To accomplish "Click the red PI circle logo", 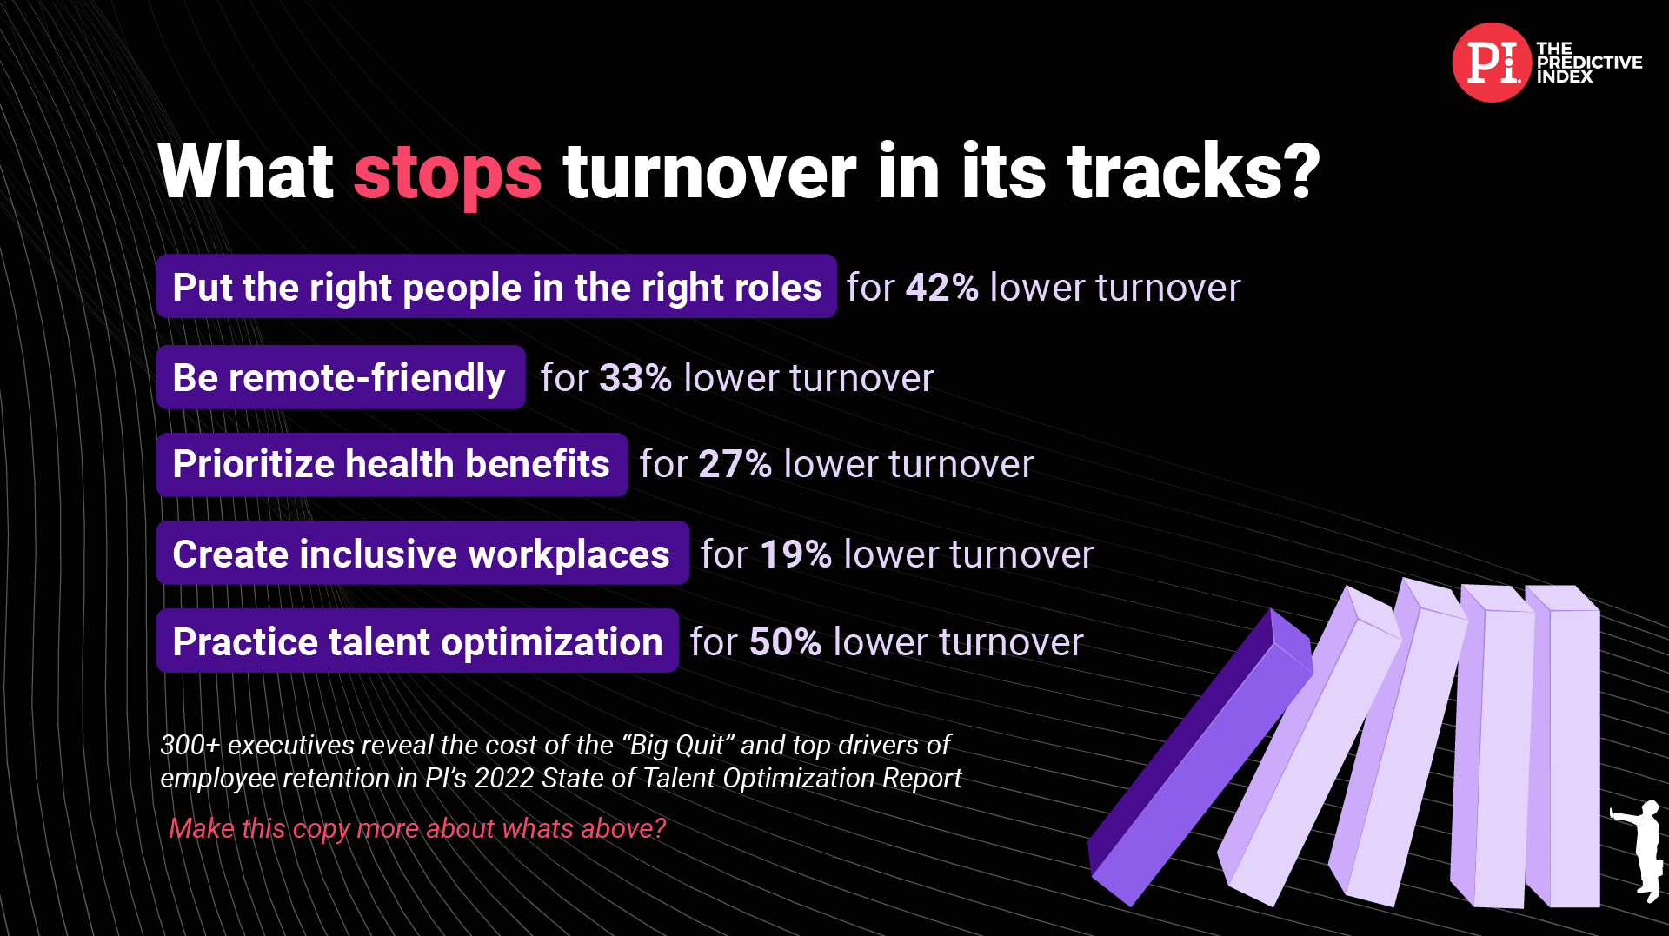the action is pyautogui.click(x=1491, y=63).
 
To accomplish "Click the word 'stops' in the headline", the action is pyautogui.click(x=448, y=173).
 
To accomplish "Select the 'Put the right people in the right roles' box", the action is pyautogui.click(x=496, y=286).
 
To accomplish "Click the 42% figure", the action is pyautogui.click(x=942, y=288).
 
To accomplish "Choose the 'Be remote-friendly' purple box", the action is pyautogui.click(x=341, y=377).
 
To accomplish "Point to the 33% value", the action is pyautogui.click(x=635, y=378).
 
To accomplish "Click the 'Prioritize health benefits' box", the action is pyautogui.click(x=392, y=465).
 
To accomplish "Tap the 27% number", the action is pyautogui.click(x=735, y=464).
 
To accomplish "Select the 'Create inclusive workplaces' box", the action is pyautogui.click(x=422, y=553).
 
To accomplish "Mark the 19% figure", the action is pyautogui.click(x=796, y=554).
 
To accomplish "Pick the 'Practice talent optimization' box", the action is pyautogui.click(x=417, y=641).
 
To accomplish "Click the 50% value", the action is pyautogui.click(x=785, y=642).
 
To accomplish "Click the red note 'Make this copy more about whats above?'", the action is pyautogui.click(x=417, y=828).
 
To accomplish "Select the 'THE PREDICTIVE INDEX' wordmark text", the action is pyautogui.click(x=1589, y=63).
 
